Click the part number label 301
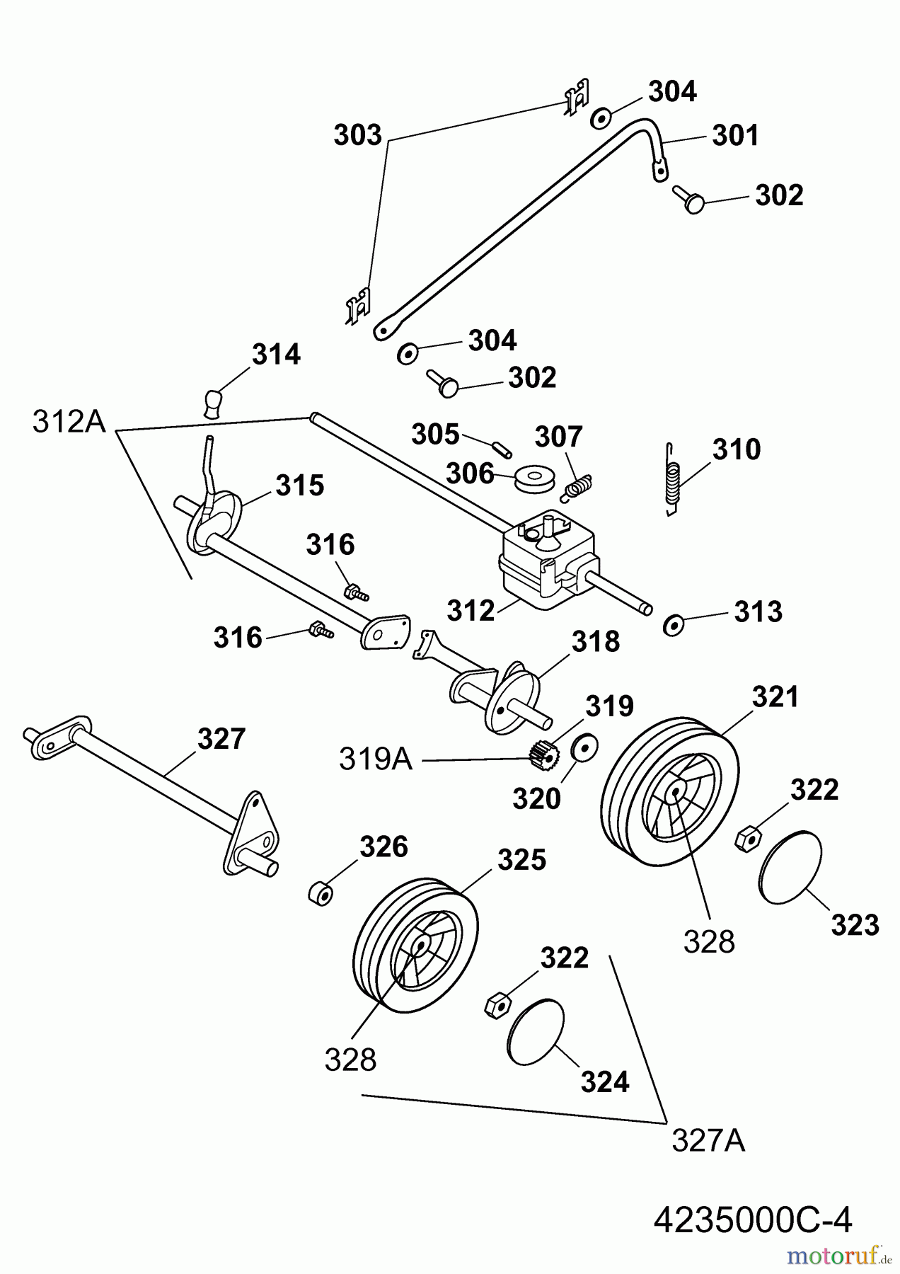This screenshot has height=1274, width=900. pyautogui.click(x=735, y=135)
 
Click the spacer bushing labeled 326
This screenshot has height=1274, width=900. pyautogui.click(x=322, y=893)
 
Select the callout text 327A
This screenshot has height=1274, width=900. pyautogui.click(x=708, y=1141)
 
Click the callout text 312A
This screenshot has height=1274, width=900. pyautogui.click(x=69, y=423)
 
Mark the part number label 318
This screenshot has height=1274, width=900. pyautogui.click(x=596, y=642)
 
